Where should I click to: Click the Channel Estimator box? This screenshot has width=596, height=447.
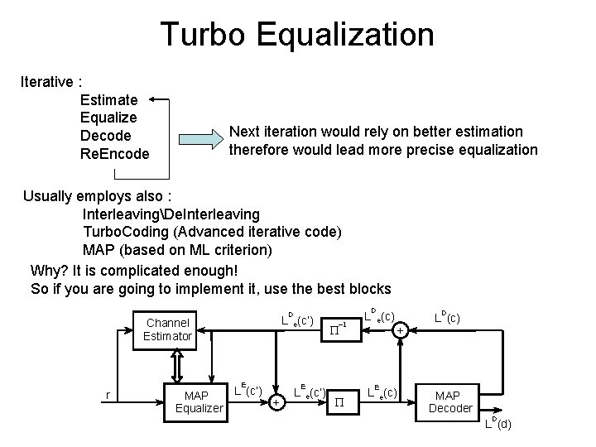pyautogui.click(x=167, y=329)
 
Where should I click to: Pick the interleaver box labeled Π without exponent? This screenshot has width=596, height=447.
pyautogui.click(x=339, y=402)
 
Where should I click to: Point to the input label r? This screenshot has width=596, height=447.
pyautogui.click(x=109, y=395)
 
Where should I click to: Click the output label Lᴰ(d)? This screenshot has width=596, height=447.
pyautogui.click(x=498, y=425)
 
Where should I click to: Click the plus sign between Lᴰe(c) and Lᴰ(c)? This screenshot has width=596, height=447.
pyautogui.click(x=400, y=329)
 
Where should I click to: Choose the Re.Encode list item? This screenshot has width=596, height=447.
pyautogui.click(x=114, y=154)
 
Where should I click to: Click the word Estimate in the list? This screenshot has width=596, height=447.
pyautogui.click(x=109, y=100)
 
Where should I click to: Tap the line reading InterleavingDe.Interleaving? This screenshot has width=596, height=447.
pyautogui.click(x=171, y=214)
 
